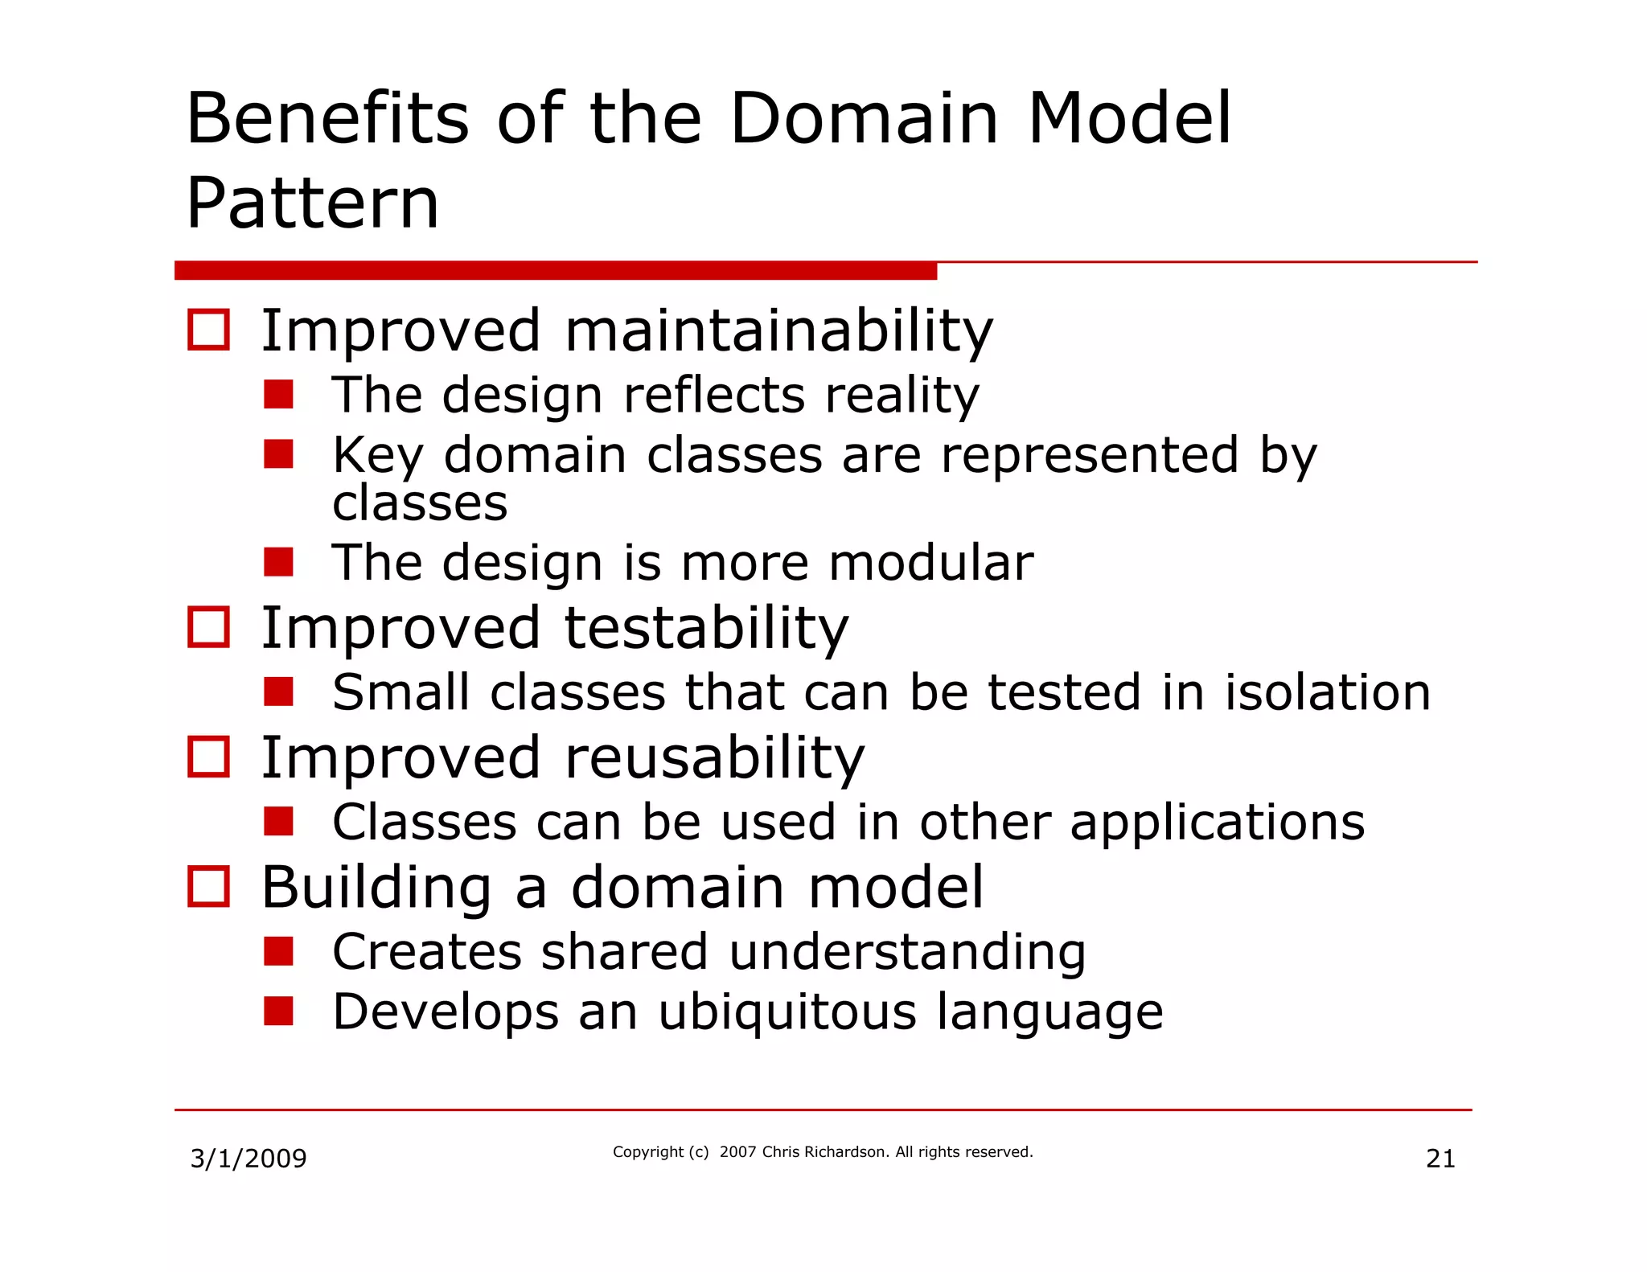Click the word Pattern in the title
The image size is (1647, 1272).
point(312,203)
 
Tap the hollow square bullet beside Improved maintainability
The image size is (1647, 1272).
point(208,330)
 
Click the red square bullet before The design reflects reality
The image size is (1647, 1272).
point(278,395)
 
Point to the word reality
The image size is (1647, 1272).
point(902,396)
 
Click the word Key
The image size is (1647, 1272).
point(377,456)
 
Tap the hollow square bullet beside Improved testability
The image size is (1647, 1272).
point(208,627)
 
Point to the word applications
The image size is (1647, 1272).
point(1217,823)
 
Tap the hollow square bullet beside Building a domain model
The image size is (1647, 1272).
point(208,887)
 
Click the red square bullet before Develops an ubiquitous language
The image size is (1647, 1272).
point(278,1011)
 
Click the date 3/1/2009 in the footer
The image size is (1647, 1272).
point(248,1159)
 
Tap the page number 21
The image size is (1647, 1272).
point(1440,1159)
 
